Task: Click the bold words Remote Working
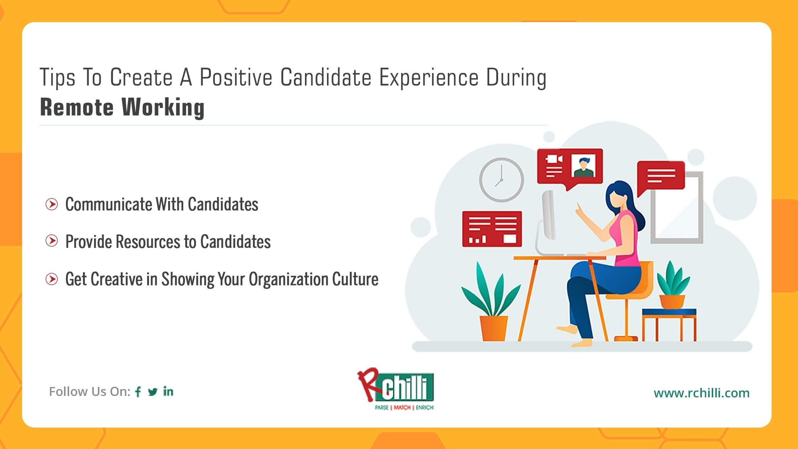click(x=122, y=107)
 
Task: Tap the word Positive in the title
click(x=236, y=77)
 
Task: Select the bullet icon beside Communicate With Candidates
click(x=52, y=204)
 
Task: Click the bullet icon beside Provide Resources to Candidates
click(x=52, y=241)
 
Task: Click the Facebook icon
click(x=138, y=392)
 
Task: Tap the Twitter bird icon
click(x=153, y=392)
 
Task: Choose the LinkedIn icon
click(x=168, y=391)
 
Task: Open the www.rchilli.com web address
click(x=701, y=393)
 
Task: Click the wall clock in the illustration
click(x=501, y=180)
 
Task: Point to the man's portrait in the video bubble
click(x=584, y=166)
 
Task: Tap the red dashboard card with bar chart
click(x=492, y=229)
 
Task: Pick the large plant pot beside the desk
click(x=494, y=328)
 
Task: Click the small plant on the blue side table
click(x=673, y=284)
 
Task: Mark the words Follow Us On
click(x=90, y=392)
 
